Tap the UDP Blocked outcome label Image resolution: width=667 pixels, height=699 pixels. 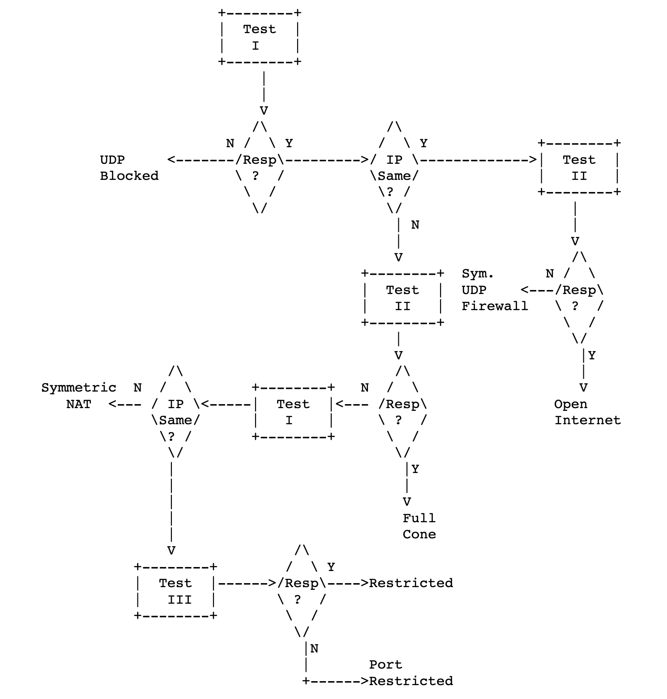pos(129,168)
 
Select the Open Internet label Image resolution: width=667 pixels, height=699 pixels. pos(587,412)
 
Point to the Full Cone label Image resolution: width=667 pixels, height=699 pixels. pos(419,526)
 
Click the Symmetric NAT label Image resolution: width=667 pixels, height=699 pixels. pos(79,396)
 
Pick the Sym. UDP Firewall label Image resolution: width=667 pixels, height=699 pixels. pos(495,290)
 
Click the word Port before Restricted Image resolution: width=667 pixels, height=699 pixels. pos(386,665)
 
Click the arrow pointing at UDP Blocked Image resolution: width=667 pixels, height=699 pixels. pos(201,160)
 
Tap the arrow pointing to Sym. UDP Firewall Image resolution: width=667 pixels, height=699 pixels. pos(538,290)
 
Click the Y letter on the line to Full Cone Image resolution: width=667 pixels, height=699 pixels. pos(415,469)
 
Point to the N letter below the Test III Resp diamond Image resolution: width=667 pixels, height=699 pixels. pos(314,648)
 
